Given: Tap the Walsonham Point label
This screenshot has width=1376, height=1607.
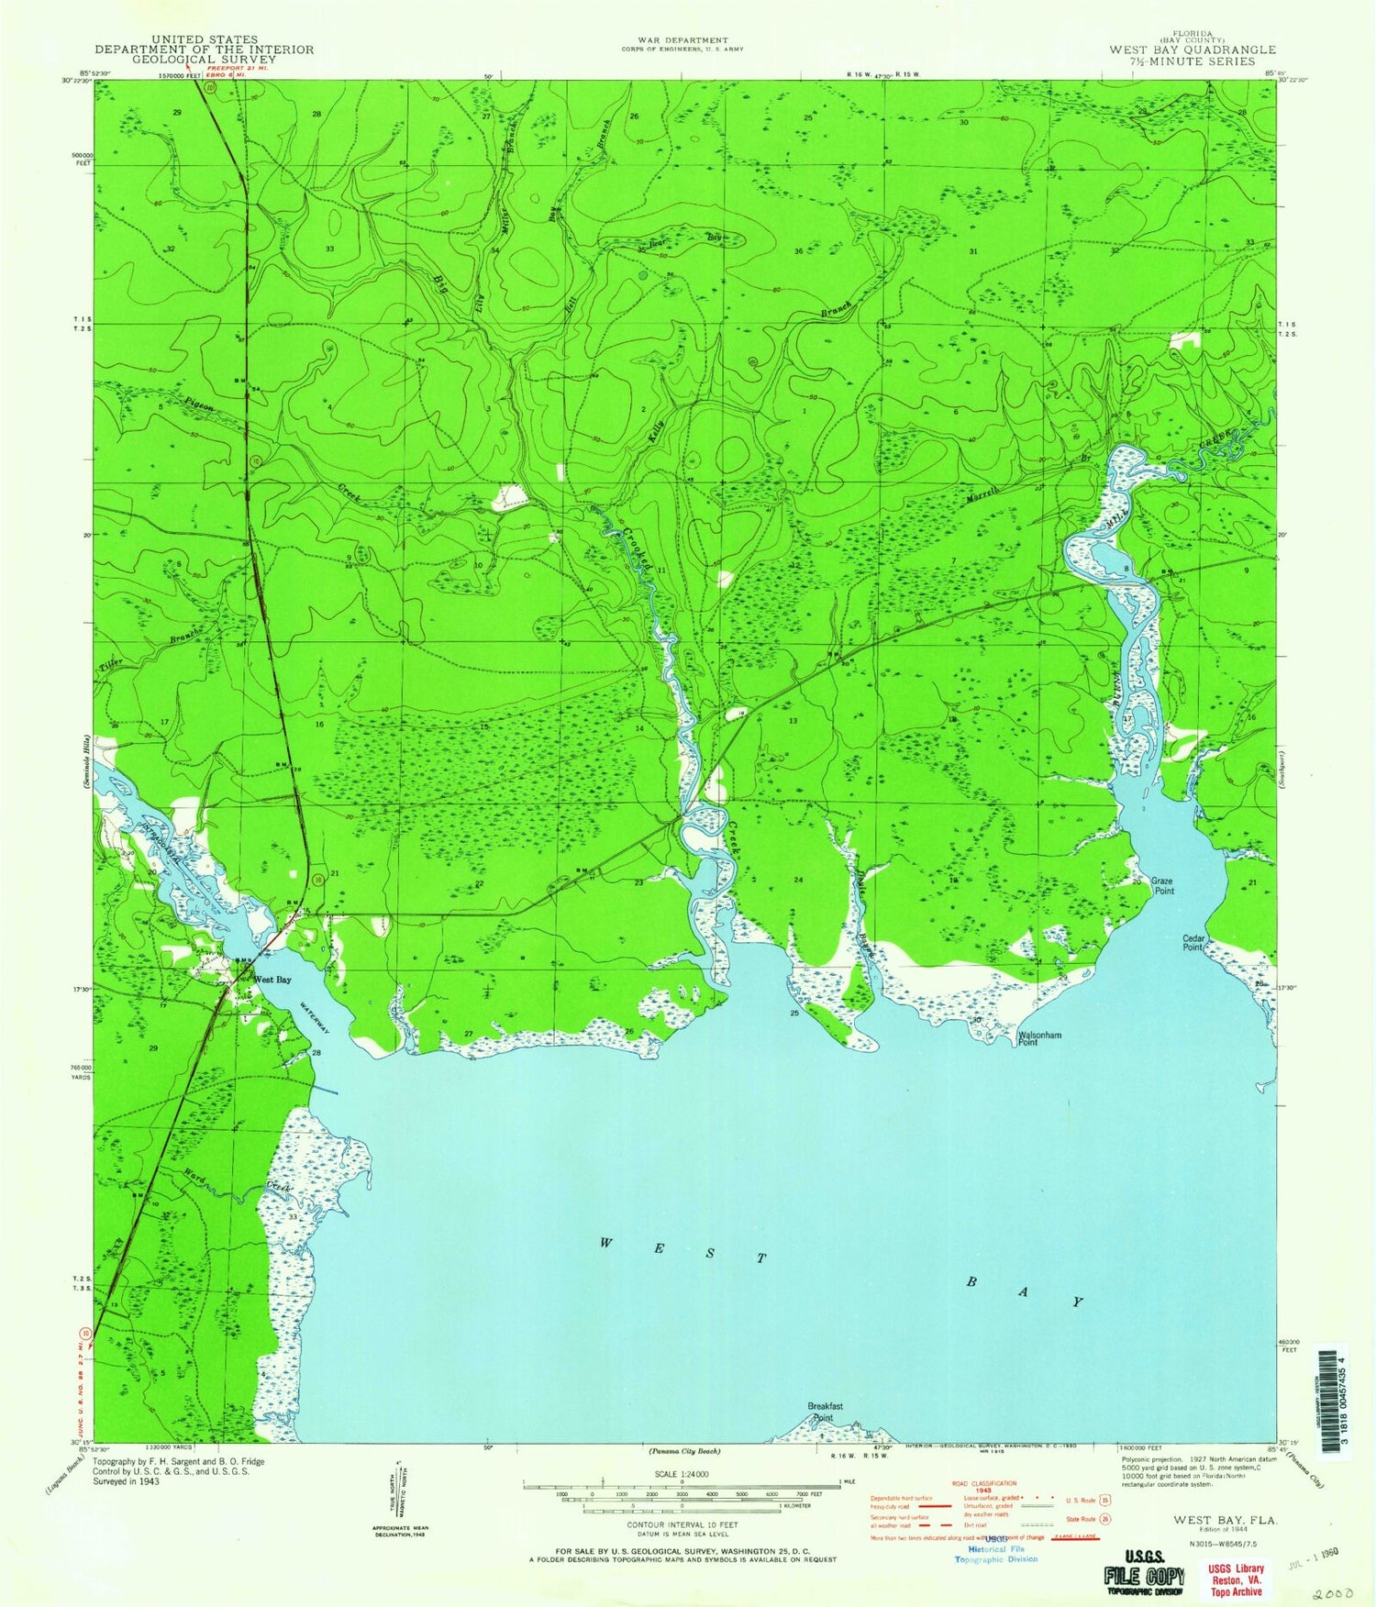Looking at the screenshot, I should pyautogui.click(x=1039, y=1038).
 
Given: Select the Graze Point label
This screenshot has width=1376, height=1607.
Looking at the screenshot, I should pyautogui.click(x=1163, y=886).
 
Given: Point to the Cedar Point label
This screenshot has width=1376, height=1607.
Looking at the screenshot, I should pyautogui.click(x=1193, y=942).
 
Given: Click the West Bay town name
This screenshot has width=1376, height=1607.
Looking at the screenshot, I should pyautogui.click(x=272, y=980).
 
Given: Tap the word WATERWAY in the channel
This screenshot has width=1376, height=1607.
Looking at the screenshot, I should pyautogui.click(x=312, y=1017).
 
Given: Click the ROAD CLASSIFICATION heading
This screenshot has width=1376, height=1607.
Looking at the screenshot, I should pyautogui.click(x=982, y=1483).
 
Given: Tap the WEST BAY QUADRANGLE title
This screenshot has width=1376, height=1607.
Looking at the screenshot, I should pyautogui.click(x=1192, y=50).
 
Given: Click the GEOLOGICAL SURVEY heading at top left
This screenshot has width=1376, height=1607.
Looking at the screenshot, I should pyautogui.click(x=204, y=60).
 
